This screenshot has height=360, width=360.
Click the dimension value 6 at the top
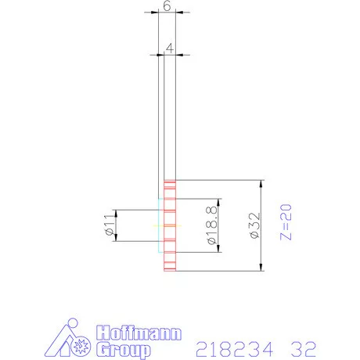point(167,5)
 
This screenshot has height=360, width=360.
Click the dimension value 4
point(170,48)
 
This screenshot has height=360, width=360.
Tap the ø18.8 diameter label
point(211,225)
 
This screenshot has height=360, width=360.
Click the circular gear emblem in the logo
point(78,346)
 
